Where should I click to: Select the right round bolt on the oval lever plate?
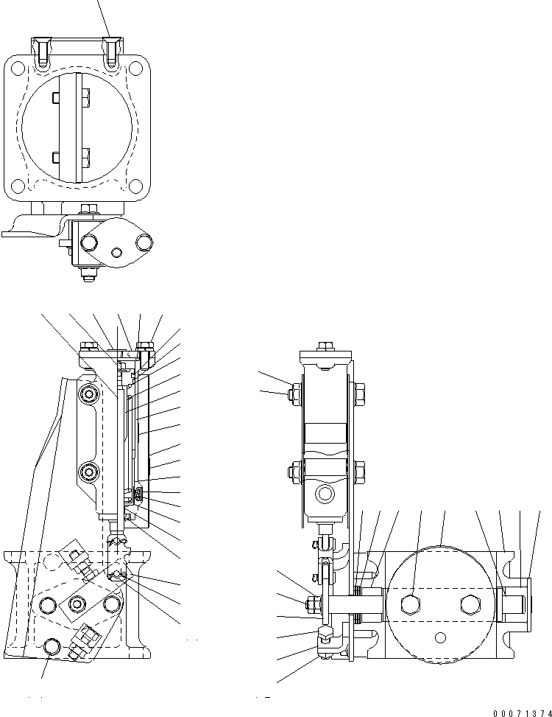[x=143, y=242]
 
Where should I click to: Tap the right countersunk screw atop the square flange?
[x=112, y=52]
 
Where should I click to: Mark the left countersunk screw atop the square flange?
[x=43, y=52]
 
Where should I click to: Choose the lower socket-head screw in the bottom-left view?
[x=91, y=470]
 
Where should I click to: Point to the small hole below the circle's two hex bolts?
[x=440, y=636]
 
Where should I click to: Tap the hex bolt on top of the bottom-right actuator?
[x=324, y=347]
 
